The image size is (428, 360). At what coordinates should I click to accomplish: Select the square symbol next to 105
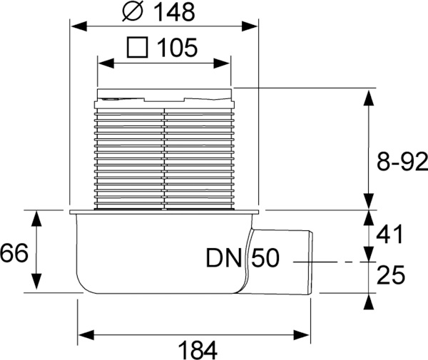[136, 48]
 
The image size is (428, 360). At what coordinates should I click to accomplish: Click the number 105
[175, 48]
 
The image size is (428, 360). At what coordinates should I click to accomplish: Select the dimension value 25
[390, 274]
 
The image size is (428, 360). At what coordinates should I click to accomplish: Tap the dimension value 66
[15, 252]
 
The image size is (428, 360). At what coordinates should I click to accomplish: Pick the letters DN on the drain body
[224, 258]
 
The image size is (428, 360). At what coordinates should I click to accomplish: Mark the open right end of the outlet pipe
[313, 262]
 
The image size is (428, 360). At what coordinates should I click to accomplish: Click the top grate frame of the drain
[164, 93]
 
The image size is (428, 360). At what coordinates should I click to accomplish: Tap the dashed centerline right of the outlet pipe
[335, 262]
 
